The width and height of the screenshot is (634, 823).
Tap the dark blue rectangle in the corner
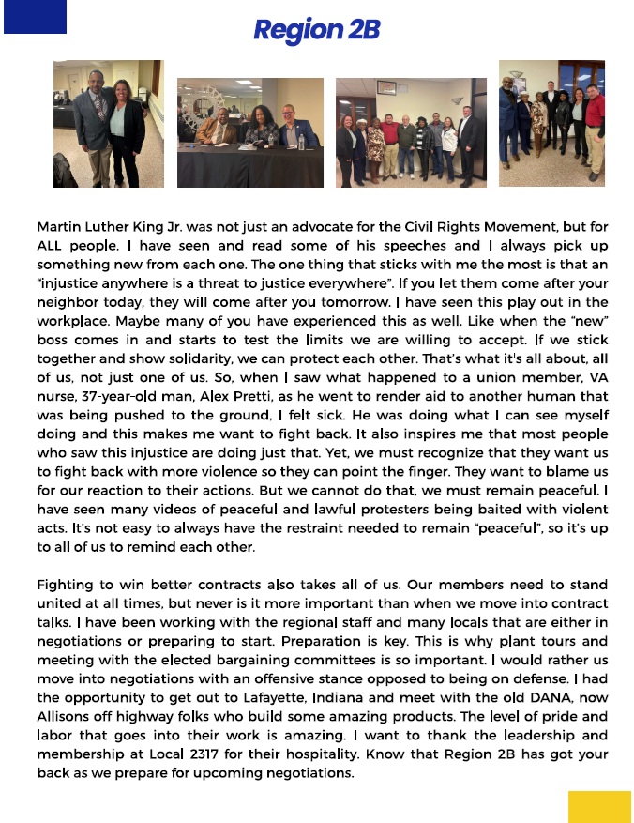[x=35, y=17]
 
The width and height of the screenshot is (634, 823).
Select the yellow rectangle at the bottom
[x=599, y=806]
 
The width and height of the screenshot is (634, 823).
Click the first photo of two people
[x=108, y=124]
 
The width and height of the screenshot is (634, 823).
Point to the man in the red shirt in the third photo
[x=388, y=141]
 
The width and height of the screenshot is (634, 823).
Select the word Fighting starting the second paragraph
[x=67, y=585]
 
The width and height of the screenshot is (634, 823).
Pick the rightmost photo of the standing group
[x=551, y=123]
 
